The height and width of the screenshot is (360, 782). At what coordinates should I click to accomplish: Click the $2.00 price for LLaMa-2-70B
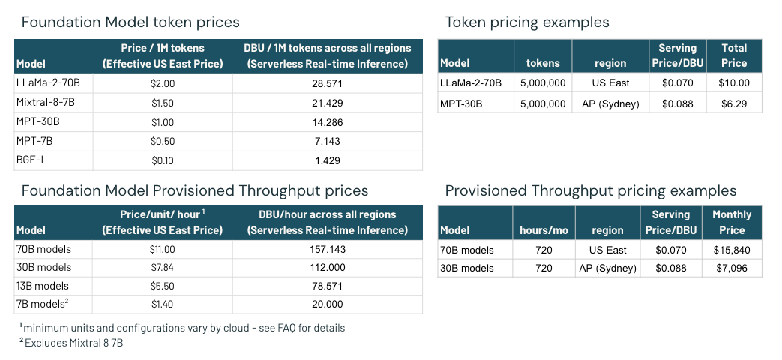pos(162,83)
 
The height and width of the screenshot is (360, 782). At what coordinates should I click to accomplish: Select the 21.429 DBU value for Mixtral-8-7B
pos(327,102)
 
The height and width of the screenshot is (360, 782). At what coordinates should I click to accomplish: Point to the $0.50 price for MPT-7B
pos(162,140)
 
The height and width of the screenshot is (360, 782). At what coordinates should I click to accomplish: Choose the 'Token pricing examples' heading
pos(527,22)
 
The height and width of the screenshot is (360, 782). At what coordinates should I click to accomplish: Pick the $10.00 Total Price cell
pos(733,83)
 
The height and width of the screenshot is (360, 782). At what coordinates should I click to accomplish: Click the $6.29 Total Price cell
pos(733,103)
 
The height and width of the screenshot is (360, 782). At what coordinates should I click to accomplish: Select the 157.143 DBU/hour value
pos(327,249)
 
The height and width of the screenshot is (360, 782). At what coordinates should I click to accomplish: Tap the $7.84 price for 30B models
pos(162,268)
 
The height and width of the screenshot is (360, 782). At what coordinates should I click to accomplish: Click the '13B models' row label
pos(42,286)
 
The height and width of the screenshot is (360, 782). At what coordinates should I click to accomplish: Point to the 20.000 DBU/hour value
pos(327,304)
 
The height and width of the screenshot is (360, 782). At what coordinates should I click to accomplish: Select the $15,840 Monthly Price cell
pos(732,250)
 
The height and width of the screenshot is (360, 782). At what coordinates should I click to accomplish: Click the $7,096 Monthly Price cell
pos(732,268)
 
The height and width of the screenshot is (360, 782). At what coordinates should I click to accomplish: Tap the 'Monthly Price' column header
pos(732,223)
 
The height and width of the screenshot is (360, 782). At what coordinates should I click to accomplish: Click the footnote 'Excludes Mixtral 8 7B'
pos(73,343)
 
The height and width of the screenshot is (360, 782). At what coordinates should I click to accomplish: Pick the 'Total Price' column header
pos(733,55)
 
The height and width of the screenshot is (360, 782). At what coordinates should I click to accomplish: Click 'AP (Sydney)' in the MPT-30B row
pos(610,103)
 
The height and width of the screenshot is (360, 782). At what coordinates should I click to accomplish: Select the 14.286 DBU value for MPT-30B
pos(327,121)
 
